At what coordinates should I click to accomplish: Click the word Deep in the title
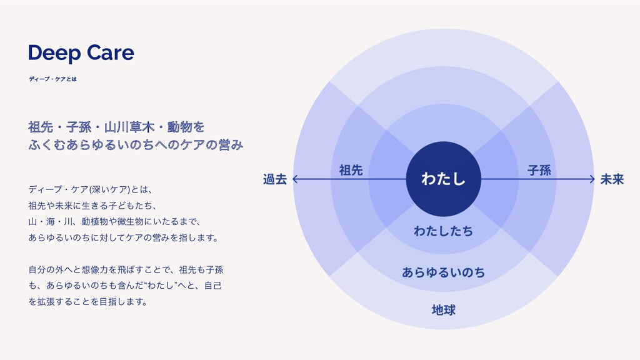pos(55,54)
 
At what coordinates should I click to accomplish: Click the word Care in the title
pos(110,53)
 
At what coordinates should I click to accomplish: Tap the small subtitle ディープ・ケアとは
pos(52,79)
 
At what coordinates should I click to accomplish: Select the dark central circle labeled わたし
pos(443,179)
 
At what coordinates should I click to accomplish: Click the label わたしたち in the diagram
pos(443,231)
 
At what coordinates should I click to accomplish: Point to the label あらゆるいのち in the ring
pos(443,272)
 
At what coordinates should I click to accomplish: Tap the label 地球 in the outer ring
pos(443,309)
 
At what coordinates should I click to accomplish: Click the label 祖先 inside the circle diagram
pos(350,169)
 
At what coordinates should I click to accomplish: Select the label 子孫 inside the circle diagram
pos(539,169)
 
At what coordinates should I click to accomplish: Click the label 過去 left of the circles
pos(275,179)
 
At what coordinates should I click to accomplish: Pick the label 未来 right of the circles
pos(612,179)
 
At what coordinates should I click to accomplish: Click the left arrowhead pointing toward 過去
pos(296,179)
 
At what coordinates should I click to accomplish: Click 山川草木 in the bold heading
pos(126,127)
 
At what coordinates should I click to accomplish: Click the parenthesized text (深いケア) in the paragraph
pos(109,189)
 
